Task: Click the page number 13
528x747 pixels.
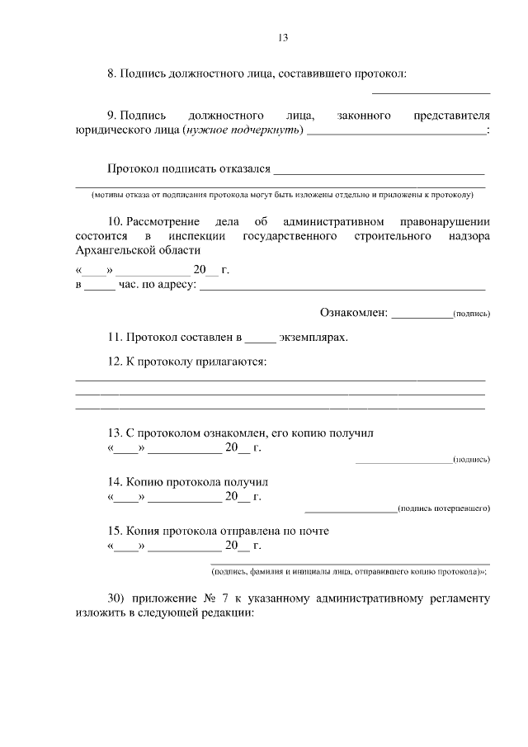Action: [282, 37]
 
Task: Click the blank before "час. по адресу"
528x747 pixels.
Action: [100, 287]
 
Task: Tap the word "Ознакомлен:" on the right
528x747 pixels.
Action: [352, 313]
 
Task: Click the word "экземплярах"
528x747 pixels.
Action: [313, 338]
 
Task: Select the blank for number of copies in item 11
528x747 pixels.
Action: [259, 339]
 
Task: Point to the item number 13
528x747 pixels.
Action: [115, 433]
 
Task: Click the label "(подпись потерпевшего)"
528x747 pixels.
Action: [443, 508]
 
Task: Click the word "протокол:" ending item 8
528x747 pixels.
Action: [384, 73]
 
